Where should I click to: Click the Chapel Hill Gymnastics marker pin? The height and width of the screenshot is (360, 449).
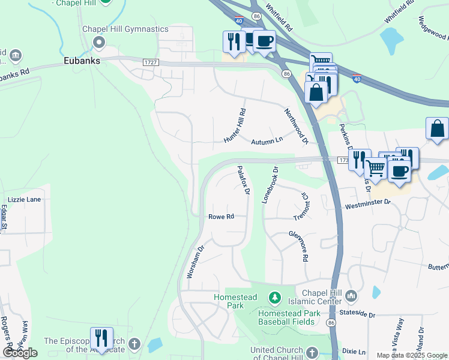(99, 42)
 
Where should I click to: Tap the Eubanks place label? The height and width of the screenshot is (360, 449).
(82, 61)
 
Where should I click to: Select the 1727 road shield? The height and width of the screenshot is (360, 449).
(150, 62)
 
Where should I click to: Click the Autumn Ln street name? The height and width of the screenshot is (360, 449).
(267, 140)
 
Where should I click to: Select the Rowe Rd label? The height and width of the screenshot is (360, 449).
(220, 217)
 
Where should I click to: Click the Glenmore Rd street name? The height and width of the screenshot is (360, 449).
(298, 246)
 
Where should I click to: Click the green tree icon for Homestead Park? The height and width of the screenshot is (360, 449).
(274, 298)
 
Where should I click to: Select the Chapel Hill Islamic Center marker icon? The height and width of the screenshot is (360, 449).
(351, 295)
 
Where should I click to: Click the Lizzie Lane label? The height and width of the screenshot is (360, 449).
(24, 200)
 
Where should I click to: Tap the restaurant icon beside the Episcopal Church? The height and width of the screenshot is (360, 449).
(101, 338)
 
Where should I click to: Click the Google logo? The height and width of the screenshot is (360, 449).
(20, 353)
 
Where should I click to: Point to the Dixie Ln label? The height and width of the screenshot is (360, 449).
(353, 351)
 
